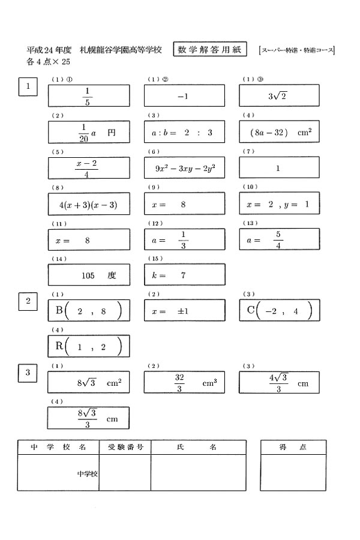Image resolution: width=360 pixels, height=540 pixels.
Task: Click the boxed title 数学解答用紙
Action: tap(209, 50)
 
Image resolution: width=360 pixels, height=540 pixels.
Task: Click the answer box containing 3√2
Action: tap(279, 96)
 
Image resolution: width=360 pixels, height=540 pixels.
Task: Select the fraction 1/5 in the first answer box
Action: tap(88, 96)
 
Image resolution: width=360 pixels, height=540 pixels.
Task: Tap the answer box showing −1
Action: tap(184, 96)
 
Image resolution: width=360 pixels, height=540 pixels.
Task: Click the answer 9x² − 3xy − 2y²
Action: tap(184, 168)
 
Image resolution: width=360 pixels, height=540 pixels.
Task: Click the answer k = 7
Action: tap(184, 275)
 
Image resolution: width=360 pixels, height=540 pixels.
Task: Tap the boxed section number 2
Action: tap(28, 301)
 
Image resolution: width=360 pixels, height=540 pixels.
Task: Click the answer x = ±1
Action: tap(184, 311)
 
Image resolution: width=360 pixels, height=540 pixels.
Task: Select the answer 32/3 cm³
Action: tap(184, 382)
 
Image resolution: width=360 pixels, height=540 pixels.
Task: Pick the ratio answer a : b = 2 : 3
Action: tap(184, 132)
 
